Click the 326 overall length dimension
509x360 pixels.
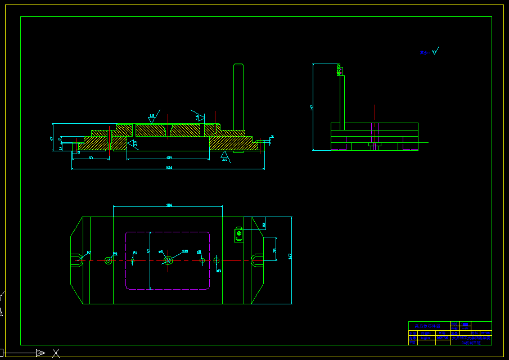(x=169, y=168)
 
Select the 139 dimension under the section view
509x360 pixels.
(x=169, y=158)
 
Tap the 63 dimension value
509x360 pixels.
(x=91, y=158)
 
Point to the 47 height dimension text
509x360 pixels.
(x=52, y=138)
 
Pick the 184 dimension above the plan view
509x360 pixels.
(x=169, y=205)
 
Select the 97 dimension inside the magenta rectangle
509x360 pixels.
(x=148, y=251)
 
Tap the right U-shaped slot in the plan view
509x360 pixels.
(x=257, y=260)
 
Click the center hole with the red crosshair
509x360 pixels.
(x=168, y=260)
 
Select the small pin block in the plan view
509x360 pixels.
(x=238, y=233)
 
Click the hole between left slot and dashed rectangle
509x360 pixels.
(x=109, y=260)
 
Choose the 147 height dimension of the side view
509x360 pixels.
(x=312, y=107)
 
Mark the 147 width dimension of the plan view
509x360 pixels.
(x=290, y=256)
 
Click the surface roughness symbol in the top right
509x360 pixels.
(x=434, y=51)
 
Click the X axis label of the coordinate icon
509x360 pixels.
(x=56, y=353)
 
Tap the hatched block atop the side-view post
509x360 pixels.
(x=340, y=70)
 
